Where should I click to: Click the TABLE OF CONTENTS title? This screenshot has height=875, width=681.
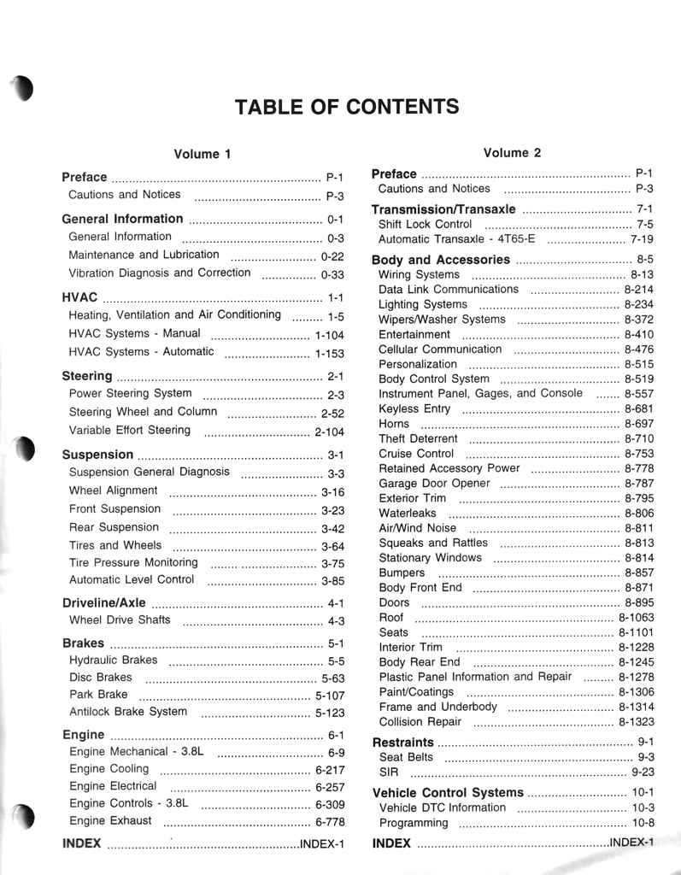pos(346,107)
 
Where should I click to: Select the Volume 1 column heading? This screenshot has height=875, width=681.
pos(203,155)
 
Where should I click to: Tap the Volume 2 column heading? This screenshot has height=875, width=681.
pos(512,153)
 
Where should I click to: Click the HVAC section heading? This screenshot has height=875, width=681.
pos(80,298)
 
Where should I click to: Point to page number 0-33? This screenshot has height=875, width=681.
pos(332,275)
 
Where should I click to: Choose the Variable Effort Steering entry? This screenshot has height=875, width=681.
pos(129,430)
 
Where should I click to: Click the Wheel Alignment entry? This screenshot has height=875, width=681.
pos(113,490)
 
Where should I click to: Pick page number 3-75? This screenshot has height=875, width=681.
pos(332,564)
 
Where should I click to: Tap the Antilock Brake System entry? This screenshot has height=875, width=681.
pos(127,711)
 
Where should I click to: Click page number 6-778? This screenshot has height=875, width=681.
pos(330,822)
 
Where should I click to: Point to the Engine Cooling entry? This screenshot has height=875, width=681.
pos(109,768)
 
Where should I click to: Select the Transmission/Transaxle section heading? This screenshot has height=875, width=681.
pos(443,209)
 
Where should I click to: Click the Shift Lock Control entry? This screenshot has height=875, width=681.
pos(425,224)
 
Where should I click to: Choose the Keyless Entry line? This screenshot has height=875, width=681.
pos(414,409)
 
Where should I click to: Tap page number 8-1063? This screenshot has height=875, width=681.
pos(636,617)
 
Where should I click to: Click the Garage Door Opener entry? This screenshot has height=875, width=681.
pos(434,484)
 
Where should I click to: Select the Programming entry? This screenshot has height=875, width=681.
pos(413,823)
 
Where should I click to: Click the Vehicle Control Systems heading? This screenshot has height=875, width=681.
pos(448,793)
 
